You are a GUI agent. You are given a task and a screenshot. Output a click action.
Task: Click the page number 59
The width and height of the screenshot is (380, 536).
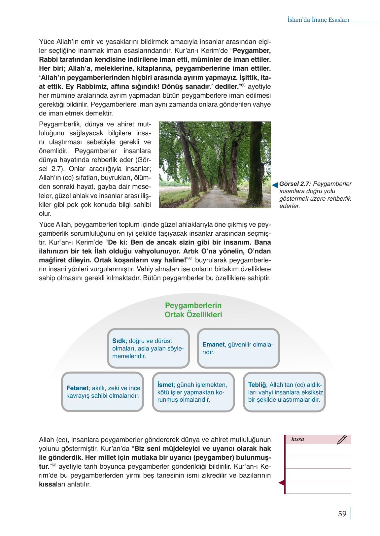coord(342,514)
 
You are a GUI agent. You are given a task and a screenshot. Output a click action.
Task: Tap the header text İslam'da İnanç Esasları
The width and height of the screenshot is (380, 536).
coord(318,20)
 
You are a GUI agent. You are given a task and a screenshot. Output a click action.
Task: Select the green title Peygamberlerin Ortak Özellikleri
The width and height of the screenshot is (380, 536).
coord(193,310)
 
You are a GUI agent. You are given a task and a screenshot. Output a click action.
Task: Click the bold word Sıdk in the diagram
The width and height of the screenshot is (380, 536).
coord(119,341)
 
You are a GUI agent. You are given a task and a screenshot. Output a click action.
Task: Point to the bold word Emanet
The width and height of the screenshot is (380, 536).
coord(213,345)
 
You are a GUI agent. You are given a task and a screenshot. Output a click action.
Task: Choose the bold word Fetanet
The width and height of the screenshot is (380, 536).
coord(77,388)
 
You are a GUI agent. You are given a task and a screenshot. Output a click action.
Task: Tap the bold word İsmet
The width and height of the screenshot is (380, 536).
coord(165,385)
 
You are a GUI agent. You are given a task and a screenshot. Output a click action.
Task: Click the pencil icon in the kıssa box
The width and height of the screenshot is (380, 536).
coord(342,440)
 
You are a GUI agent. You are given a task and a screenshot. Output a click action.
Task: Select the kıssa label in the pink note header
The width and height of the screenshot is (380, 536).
coord(298,439)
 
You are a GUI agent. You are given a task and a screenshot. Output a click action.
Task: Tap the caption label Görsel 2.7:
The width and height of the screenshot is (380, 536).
coord(295,184)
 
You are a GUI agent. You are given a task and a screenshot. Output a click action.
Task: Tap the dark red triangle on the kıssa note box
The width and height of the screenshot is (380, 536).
coord(282,483)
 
